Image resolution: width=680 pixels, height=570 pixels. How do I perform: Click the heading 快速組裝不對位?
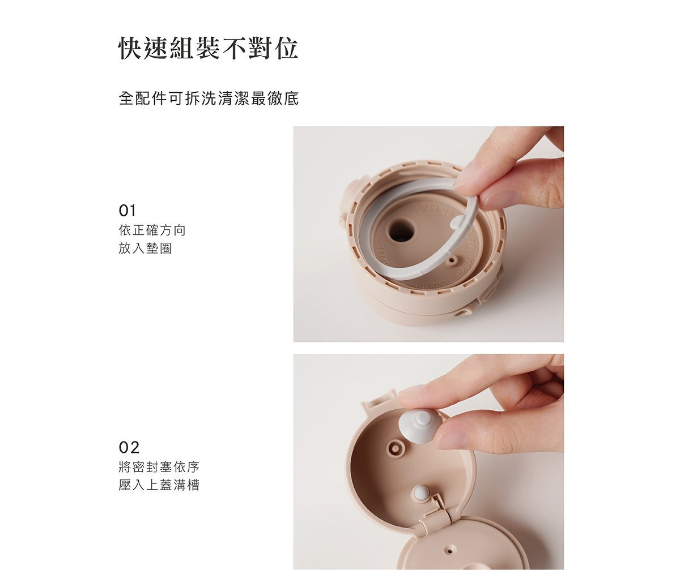[208, 49]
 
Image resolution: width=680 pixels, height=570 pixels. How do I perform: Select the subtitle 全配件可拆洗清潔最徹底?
[209, 98]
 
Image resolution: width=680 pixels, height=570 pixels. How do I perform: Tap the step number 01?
[127, 211]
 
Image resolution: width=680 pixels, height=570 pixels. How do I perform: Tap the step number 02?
[129, 448]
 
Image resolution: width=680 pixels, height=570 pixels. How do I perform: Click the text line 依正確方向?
[152, 230]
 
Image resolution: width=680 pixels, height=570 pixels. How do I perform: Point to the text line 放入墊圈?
[145, 248]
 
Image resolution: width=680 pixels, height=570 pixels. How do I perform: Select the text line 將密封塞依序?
[159, 468]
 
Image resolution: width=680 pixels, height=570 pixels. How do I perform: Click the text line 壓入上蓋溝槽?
[159, 485]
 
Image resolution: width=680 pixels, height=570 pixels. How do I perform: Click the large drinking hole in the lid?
[401, 230]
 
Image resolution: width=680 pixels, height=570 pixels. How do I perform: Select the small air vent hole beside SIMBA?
[451, 260]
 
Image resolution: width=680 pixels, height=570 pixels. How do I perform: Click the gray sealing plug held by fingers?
[419, 426]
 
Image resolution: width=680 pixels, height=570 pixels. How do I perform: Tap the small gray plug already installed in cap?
[420, 492]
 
